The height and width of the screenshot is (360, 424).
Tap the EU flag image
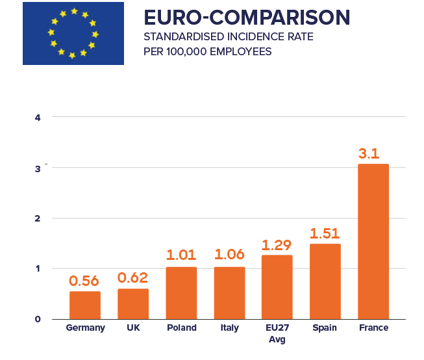(73, 33)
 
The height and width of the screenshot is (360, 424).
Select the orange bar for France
(373, 241)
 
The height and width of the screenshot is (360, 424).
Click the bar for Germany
(85, 305)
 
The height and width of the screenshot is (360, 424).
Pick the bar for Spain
(325, 281)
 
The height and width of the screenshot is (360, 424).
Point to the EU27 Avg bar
(277, 287)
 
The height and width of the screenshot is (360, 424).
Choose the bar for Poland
(181, 292)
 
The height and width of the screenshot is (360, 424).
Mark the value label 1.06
(229, 255)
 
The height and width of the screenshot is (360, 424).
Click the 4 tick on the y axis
(38, 118)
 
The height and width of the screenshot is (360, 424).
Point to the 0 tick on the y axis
(38, 319)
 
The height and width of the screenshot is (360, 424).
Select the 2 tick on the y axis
(38, 218)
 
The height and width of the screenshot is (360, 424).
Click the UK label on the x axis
(133, 328)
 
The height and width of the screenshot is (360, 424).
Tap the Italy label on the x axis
(229, 328)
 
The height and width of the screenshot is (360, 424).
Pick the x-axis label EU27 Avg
(277, 333)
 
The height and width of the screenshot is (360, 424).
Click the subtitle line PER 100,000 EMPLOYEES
(208, 51)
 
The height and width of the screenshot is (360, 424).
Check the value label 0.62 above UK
(133, 278)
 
